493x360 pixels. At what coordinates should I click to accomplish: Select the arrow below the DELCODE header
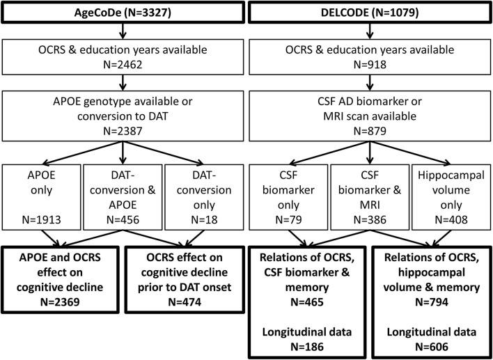pyautogui.click(x=370, y=32)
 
